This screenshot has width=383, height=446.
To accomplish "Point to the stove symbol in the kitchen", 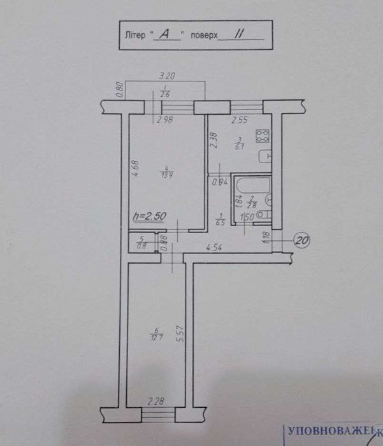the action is pyautogui.click(x=261, y=136).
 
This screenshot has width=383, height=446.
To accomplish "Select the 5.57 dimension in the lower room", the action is pyautogui.click(x=180, y=333).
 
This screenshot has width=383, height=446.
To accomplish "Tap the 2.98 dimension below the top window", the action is pyautogui.click(x=165, y=119).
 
